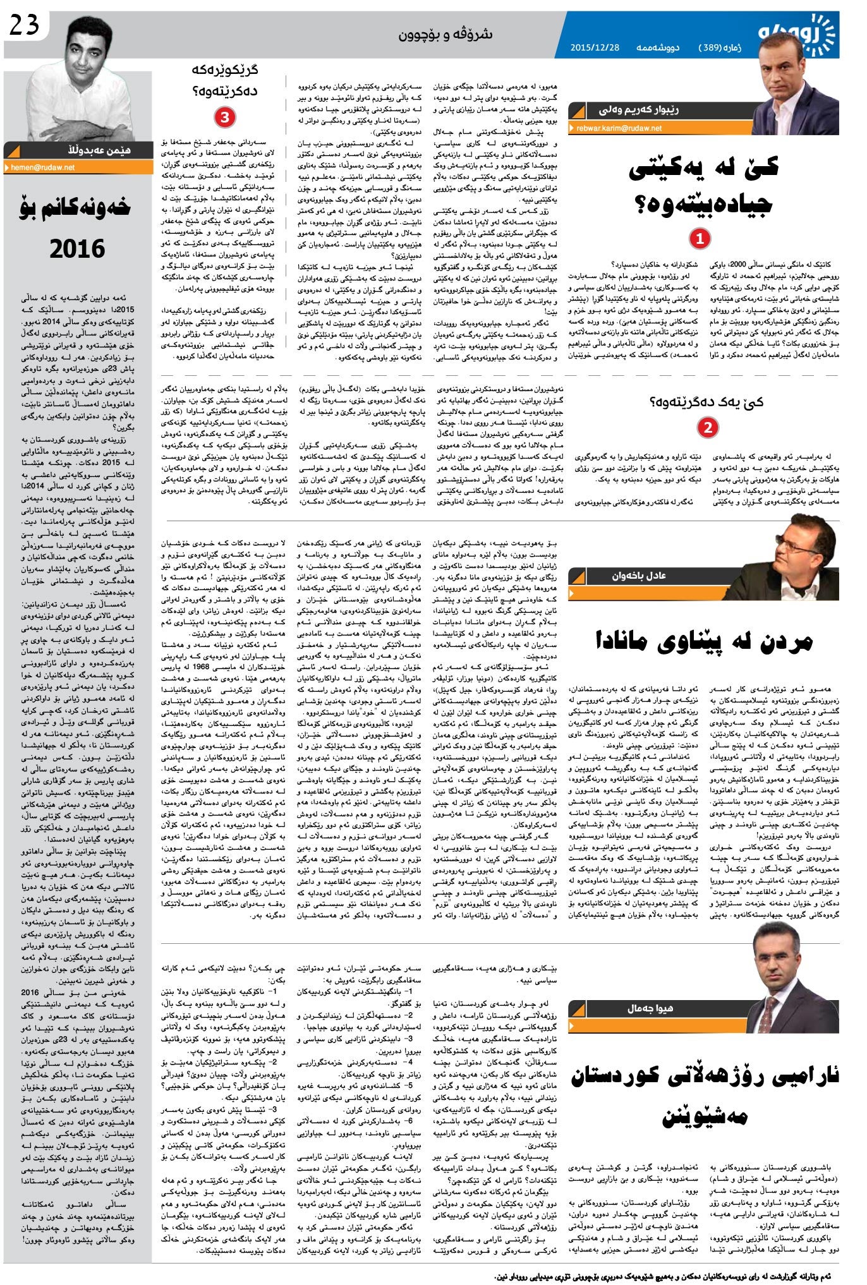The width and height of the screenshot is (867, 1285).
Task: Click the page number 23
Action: click(x=25, y=25)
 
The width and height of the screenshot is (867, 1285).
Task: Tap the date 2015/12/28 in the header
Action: click(x=595, y=47)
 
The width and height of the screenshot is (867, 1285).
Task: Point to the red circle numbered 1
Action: click(x=700, y=238)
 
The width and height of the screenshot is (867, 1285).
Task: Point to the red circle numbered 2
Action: click(x=707, y=428)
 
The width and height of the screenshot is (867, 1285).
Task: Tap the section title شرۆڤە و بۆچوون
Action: click(x=445, y=34)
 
